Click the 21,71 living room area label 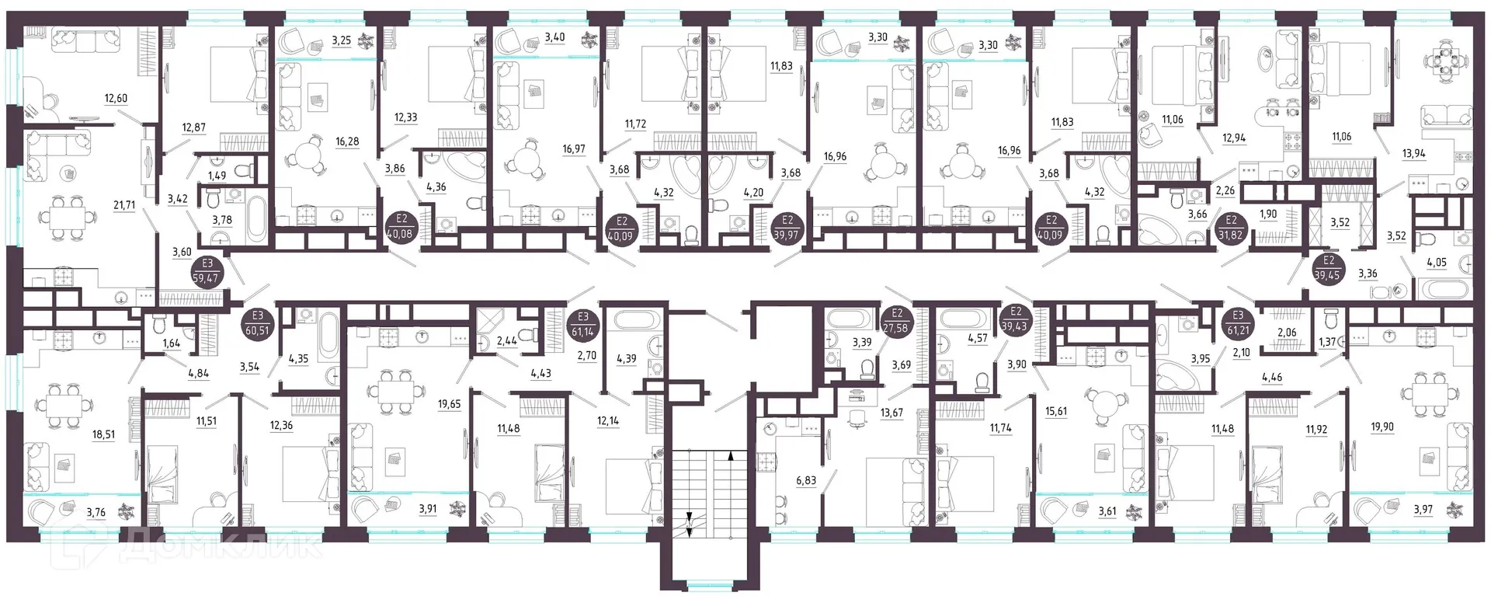pyautogui.click(x=123, y=205)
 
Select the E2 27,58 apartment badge pyautogui.click(x=898, y=320)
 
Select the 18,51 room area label pyautogui.click(x=104, y=435)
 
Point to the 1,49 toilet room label pyautogui.click(x=218, y=176)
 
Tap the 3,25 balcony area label pyautogui.click(x=342, y=40)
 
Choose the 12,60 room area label pyautogui.click(x=116, y=98)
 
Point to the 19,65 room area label pyautogui.click(x=450, y=404)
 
